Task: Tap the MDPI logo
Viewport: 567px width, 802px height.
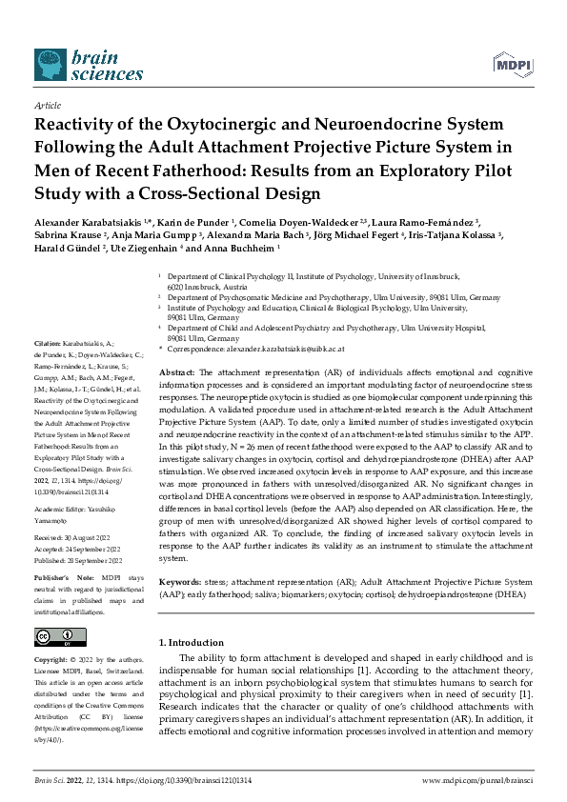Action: [x=511, y=65]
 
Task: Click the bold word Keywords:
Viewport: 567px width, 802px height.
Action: [x=182, y=579]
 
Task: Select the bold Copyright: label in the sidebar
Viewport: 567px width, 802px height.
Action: [x=53, y=659]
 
